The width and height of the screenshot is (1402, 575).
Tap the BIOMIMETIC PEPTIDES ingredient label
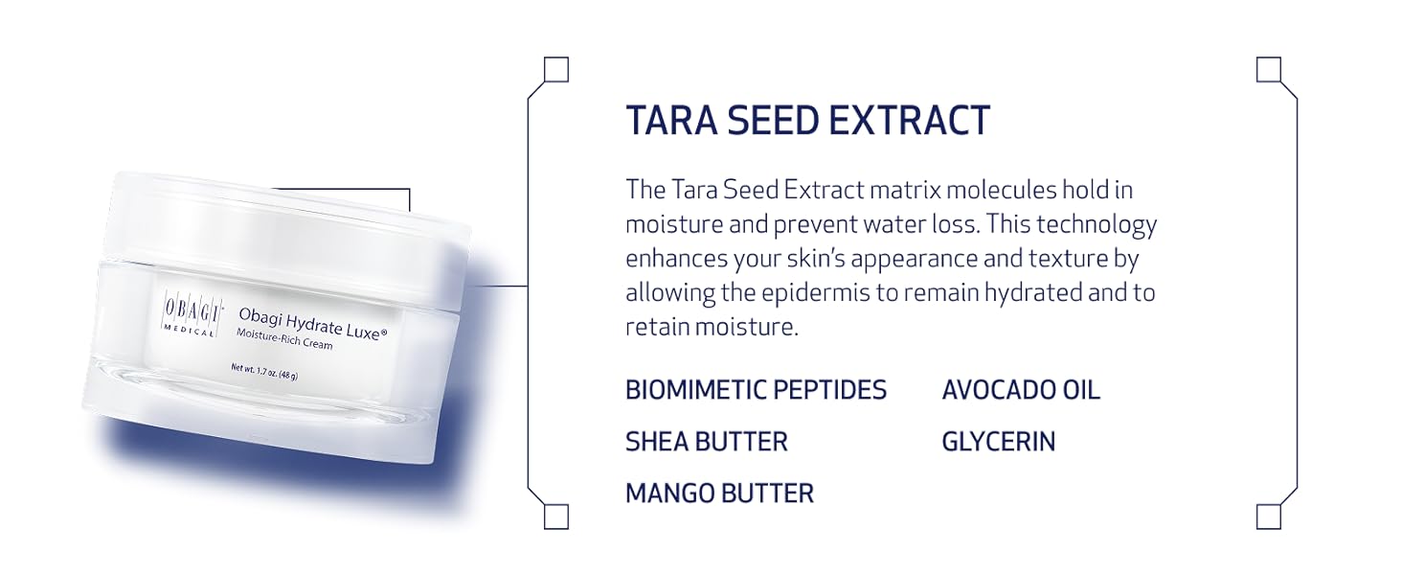757,390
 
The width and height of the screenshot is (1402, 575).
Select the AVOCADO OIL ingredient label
1021,390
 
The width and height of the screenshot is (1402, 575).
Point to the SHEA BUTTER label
707,442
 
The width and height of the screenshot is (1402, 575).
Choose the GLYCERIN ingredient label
998,442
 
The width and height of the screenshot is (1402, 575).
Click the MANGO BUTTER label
720,494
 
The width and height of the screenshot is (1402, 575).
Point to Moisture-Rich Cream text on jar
284,339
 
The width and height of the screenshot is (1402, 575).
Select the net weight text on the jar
264,372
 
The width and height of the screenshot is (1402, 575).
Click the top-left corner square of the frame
556,70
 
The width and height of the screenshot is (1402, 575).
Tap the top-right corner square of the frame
1269,70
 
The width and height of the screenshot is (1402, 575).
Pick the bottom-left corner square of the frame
556,517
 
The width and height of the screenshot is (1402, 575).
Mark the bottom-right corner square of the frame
1269,517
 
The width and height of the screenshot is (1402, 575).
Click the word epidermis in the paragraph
815,293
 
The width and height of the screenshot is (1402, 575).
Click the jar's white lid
288,232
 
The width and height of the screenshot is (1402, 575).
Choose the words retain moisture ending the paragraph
712,327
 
